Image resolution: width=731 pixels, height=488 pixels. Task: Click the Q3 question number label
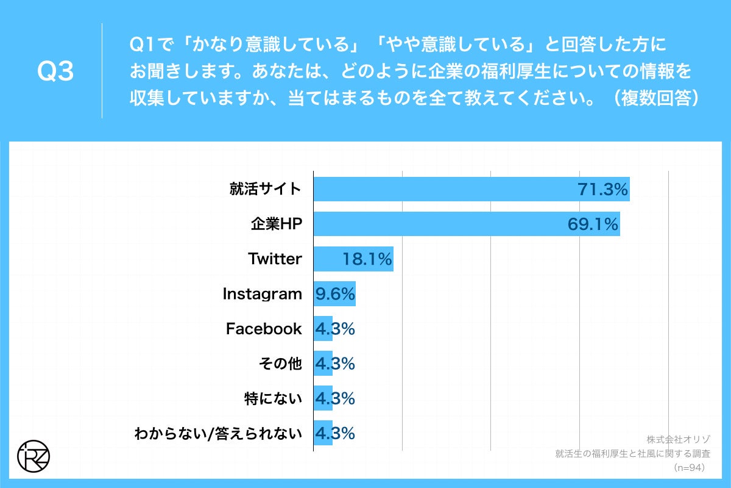tap(55, 72)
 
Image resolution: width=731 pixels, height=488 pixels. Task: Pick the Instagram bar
tap(334, 294)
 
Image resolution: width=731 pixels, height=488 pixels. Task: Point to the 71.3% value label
tap(602, 190)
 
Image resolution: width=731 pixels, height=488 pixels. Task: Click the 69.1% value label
tap(593, 224)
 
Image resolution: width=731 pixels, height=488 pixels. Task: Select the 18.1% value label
tap(366, 259)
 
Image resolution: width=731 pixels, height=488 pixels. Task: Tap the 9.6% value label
tap(334, 294)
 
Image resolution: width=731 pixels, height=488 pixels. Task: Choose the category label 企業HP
tap(276, 224)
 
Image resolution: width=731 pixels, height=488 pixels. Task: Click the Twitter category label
tap(275, 259)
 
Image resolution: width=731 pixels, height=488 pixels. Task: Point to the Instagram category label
tap(262, 294)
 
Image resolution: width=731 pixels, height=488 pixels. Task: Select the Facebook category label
tap(264, 329)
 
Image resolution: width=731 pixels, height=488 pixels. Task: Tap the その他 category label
tap(281, 364)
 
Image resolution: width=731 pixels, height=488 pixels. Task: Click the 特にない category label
tap(272, 399)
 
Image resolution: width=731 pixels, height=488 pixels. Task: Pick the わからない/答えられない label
tap(218, 434)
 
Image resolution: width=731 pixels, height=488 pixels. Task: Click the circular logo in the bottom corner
tap(34, 455)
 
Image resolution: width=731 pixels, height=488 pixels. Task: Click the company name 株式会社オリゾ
tap(676, 439)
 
